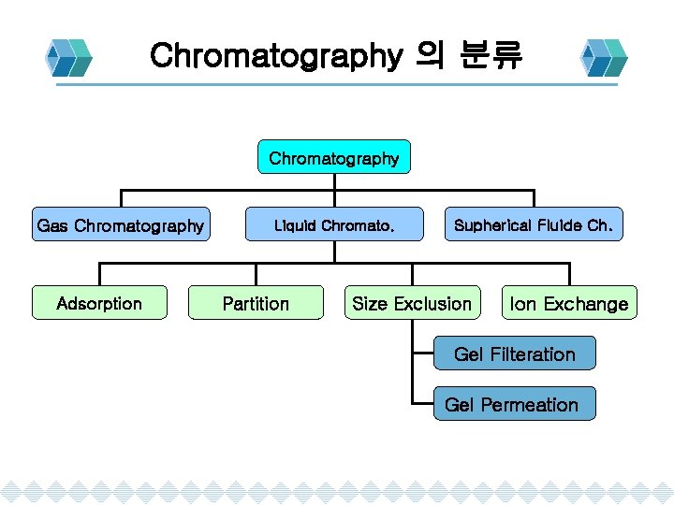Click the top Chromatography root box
(x=333, y=158)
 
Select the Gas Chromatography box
(x=120, y=225)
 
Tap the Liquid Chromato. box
(x=334, y=225)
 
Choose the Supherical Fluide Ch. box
(x=534, y=225)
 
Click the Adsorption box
(x=99, y=303)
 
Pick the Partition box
(x=256, y=303)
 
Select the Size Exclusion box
(x=412, y=303)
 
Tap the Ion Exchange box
(x=568, y=304)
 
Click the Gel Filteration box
(x=514, y=353)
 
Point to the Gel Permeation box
(x=512, y=404)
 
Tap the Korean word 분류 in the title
(x=491, y=56)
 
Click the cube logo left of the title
(x=71, y=58)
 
